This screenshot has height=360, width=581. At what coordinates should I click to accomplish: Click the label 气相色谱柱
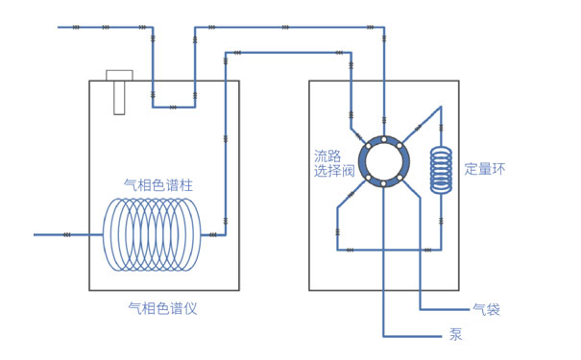pos(158,184)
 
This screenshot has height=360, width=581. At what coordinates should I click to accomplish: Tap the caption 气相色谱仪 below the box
pos(162,308)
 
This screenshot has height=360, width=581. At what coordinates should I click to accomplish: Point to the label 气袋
pos(486,309)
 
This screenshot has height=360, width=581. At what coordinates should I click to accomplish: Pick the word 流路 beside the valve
pos(327,156)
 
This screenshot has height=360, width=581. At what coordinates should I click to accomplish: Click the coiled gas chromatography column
pos(154,234)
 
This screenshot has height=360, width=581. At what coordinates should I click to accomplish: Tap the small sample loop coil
pos(441,170)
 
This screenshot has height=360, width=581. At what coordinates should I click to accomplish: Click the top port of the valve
pos(383,138)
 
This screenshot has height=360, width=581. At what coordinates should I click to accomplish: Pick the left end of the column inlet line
pos(36,234)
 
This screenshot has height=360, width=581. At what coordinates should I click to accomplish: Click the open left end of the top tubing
pos(60,27)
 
